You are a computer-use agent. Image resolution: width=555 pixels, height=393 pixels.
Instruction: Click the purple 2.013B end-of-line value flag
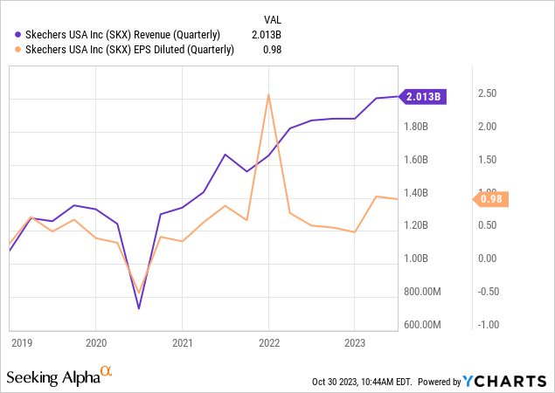(424, 96)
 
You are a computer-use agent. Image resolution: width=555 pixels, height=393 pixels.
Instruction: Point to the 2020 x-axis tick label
(96, 343)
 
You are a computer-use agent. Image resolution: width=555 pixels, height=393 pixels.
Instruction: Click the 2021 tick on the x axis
(182, 343)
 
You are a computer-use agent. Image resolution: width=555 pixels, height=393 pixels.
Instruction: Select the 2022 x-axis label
(267, 343)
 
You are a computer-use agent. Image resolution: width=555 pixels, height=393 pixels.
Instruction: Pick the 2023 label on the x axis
(354, 343)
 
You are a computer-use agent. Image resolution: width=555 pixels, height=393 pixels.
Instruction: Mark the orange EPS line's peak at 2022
(268, 94)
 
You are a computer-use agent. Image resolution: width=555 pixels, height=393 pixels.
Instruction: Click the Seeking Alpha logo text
(52, 377)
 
